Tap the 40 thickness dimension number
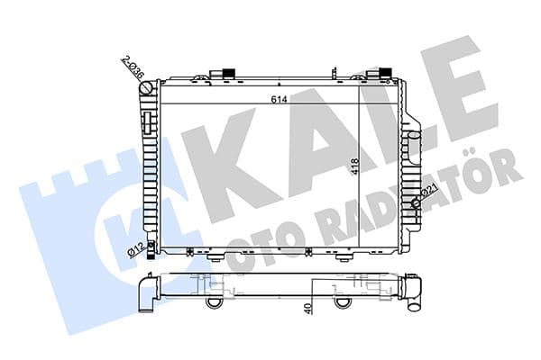[308, 310]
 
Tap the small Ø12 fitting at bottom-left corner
[151, 247]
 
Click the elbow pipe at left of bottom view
[146, 293]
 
